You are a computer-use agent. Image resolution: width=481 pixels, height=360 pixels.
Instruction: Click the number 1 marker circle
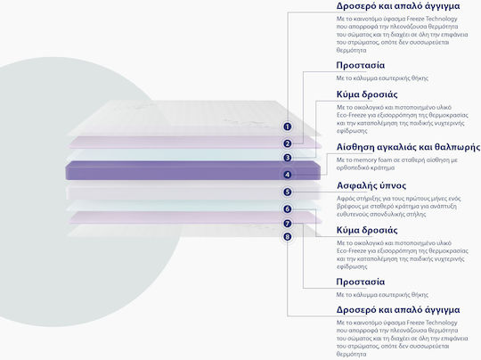click(287, 127)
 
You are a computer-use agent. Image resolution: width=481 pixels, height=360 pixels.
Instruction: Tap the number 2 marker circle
click(287, 143)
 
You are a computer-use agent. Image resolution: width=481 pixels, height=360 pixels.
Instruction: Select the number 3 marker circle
click(287, 158)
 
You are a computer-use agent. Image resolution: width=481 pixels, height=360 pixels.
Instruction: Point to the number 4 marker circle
click(287, 175)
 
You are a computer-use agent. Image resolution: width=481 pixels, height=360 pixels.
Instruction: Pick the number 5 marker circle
click(287, 192)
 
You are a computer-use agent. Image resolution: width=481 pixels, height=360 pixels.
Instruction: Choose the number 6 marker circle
click(287, 209)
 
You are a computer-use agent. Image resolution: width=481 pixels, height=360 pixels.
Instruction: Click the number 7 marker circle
click(287, 224)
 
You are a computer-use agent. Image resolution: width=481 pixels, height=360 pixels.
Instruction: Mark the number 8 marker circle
click(287, 237)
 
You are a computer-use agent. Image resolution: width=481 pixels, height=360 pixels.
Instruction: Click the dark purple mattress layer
click(192, 170)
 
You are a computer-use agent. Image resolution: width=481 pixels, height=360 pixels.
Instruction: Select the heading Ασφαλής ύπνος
click(371, 185)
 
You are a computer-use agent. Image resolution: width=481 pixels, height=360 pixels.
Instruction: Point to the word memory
click(364, 160)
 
